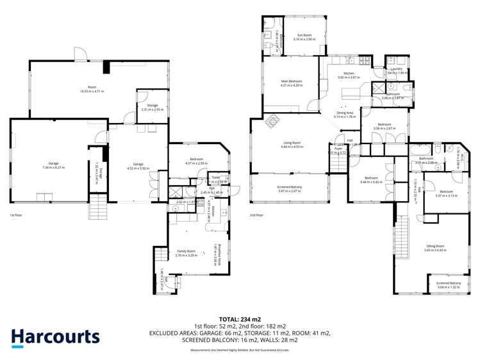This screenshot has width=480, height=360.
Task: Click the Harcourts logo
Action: [55, 337]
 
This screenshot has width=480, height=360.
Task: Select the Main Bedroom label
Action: [291, 83]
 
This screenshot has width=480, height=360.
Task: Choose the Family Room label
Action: [185, 254]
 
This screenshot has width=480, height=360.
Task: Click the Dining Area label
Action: [344, 115]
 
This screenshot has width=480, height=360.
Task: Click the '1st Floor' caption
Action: [16, 216]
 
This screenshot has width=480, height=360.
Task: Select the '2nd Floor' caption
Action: [256, 215]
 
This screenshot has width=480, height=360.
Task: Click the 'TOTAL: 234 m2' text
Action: [240, 318]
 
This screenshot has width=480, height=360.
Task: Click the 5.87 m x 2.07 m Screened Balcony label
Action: [290, 189]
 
